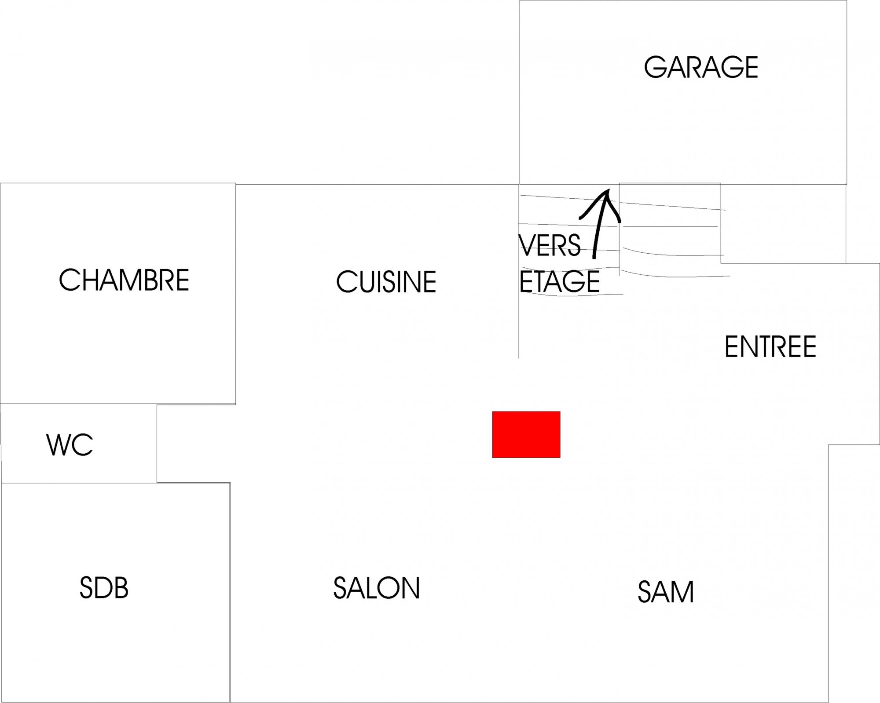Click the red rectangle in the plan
coord(526,434)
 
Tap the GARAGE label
coord(701,67)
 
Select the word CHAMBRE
coord(124,280)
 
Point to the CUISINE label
coord(386,282)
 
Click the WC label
coord(70,445)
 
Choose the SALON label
coord(377,588)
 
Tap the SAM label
coord(666,592)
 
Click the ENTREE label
coord(770,347)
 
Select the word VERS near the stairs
coord(550,245)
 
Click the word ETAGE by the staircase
coord(560,282)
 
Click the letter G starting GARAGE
coord(655,67)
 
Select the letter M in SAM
coord(683,592)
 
